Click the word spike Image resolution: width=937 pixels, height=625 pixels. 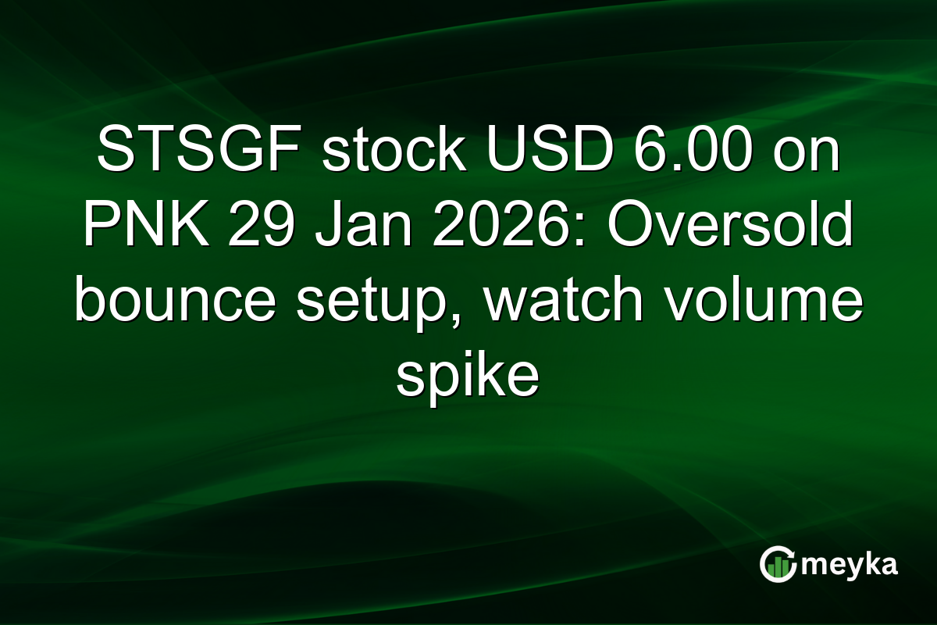[468, 380]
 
